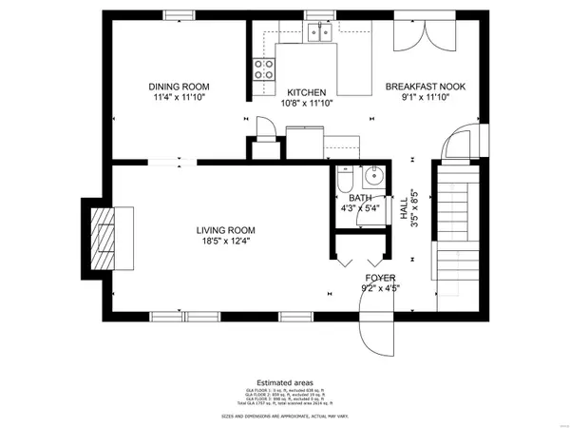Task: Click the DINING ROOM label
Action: pyautogui.click(x=179, y=85)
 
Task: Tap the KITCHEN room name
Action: pyautogui.click(x=307, y=92)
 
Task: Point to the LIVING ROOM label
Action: pyautogui.click(x=226, y=230)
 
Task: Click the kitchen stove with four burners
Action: pyautogui.click(x=263, y=68)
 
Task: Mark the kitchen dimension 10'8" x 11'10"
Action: pyautogui.click(x=308, y=103)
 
